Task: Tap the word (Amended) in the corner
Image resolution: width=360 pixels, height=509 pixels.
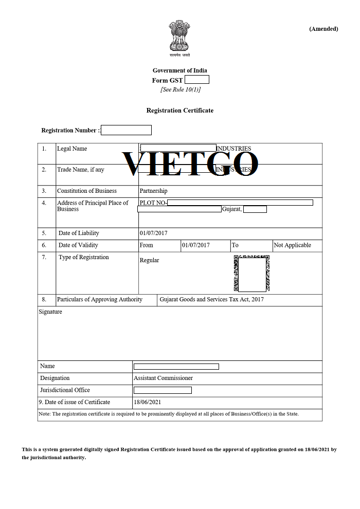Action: tap(323, 29)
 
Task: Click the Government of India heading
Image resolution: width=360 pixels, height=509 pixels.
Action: tap(179, 70)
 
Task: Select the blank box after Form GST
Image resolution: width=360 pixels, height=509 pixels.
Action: tap(196, 80)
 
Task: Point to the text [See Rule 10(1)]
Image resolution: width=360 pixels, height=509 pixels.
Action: tap(180, 89)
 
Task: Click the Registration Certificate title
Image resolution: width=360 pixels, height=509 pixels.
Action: tap(179, 111)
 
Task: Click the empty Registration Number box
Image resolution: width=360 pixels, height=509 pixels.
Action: tap(126, 130)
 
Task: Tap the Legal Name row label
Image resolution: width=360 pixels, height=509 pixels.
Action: tap(72, 149)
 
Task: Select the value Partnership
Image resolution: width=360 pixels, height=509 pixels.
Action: tap(153, 191)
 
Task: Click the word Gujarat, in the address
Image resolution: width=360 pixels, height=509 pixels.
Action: tap(231, 209)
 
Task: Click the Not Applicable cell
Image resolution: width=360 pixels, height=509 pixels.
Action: tap(292, 245)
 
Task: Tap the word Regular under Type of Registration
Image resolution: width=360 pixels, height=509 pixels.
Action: tap(149, 260)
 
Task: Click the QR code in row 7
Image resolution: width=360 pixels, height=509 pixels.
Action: tap(251, 273)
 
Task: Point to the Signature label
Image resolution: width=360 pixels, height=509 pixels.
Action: tap(50, 312)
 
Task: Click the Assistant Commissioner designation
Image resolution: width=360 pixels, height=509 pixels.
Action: tap(163, 378)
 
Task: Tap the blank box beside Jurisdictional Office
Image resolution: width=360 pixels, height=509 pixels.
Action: tap(163, 390)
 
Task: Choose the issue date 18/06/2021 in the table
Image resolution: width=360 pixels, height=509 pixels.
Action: tap(147, 402)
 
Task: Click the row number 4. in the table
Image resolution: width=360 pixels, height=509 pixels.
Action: tap(44, 203)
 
